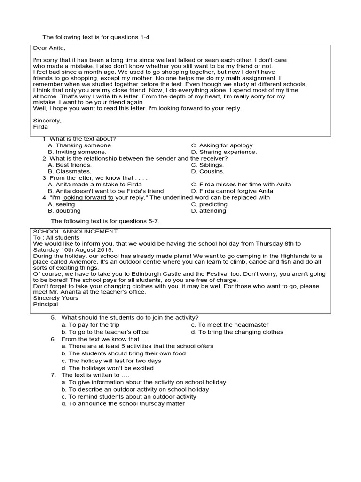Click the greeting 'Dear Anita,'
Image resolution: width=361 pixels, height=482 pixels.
[48, 48]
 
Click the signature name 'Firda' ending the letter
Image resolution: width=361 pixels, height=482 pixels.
[41, 127]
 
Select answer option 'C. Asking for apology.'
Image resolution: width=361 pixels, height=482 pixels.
[222, 145]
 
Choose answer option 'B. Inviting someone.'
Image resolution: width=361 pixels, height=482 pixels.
[77, 152]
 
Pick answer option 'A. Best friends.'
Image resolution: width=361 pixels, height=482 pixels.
[70, 165]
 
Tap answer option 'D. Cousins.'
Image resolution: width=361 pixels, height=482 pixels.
[208, 172]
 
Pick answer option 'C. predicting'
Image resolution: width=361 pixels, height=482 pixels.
[209, 204]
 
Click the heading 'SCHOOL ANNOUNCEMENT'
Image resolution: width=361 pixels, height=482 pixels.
[75, 232]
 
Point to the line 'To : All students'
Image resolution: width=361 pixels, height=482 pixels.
[57, 238]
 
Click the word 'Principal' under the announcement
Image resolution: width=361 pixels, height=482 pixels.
[46, 304]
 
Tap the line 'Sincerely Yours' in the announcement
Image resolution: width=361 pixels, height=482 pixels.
[56, 298]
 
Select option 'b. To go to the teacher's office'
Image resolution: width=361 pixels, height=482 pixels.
[105, 332]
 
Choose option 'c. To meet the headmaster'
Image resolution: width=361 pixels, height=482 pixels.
[230, 325]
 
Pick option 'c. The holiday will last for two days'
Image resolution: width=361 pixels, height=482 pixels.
[111, 361]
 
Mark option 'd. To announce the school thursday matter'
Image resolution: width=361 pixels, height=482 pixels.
[123, 403]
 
